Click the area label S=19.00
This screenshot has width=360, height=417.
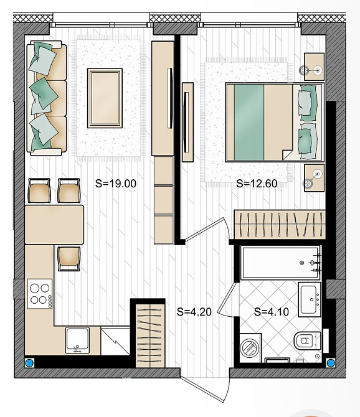[x=115, y=184]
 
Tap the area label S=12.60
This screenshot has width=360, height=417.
[x=257, y=184]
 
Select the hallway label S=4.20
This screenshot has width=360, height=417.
[x=194, y=312]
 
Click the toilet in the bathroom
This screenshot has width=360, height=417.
[x=307, y=340]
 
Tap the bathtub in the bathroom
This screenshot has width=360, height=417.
[x=280, y=263]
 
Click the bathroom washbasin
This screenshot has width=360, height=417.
[x=310, y=299]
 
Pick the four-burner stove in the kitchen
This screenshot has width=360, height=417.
[x=40, y=293]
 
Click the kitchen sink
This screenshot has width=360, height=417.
[x=78, y=340]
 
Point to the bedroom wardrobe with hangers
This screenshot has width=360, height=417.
[x=279, y=224]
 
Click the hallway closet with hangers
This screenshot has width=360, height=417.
[x=149, y=338]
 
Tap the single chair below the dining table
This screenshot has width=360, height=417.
[x=69, y=258]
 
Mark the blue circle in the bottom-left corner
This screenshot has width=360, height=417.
[x=28, y=362]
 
